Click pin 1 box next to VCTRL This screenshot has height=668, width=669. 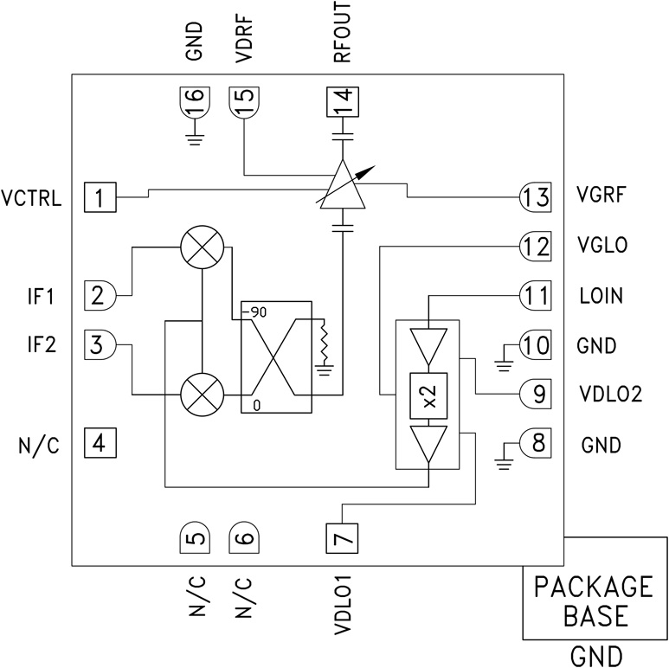tap(100, 198)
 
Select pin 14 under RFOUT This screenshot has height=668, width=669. tap(342, 104)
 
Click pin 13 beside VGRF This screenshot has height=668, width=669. tap(536, 197)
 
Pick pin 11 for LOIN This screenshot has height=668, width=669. tap(536, 296)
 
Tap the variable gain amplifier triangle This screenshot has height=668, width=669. tap(343, 187)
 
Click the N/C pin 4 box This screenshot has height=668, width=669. tap(100, 445)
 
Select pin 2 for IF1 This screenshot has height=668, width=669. tap(100, 296)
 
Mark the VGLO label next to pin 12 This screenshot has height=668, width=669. tap(604, 247)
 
